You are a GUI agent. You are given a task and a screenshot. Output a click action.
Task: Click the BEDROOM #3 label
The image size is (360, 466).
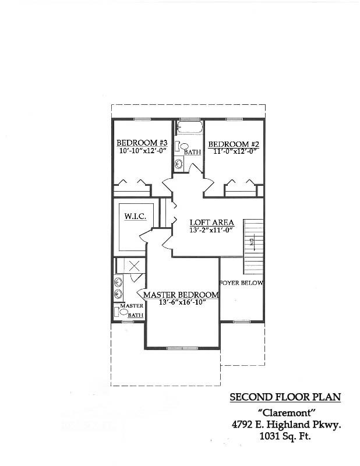pos(142,143)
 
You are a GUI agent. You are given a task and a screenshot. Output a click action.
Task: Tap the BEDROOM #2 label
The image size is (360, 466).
pos(233,144)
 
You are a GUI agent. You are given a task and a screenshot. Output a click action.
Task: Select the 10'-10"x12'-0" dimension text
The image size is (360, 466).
pos(142,150)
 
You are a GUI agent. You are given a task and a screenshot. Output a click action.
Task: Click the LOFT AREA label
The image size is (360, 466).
pos(212,223)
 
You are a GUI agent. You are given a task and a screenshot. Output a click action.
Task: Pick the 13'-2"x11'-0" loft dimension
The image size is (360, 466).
pos(211,230)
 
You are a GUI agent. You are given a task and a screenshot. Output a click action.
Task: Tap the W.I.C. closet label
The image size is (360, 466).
pos(135,217)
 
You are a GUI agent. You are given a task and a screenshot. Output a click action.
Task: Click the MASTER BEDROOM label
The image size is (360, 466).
pos(181,295)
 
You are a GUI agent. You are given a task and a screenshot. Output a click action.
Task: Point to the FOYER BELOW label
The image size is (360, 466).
pos(241,283)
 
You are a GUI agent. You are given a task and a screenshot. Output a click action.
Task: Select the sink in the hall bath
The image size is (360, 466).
pos(179,165)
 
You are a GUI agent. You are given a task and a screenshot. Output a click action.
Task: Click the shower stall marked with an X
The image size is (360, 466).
pos(135,266)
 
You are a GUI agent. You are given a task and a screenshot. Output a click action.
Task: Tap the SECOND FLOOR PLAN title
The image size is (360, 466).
pos(285,397)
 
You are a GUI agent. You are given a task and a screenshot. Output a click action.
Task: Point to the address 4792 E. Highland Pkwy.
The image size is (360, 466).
pos(285,425)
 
